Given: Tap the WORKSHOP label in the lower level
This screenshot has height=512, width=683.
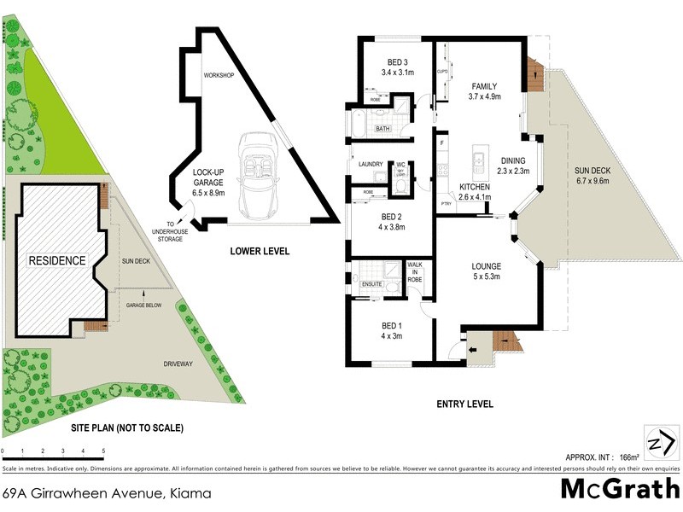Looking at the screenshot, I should [x=218, y=75].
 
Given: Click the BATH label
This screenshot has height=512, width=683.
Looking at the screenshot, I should [x=383, y=130].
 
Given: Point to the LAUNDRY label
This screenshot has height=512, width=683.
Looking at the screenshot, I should [x=370, y=164].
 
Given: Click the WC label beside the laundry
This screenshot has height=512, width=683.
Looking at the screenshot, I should [x=400, y=164].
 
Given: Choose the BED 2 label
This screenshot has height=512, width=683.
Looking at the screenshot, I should [x=391, y=221].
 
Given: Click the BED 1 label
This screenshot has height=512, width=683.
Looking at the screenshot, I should [x=391, y=330].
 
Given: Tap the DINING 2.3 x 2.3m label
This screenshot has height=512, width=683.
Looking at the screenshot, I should [x=514, y=166].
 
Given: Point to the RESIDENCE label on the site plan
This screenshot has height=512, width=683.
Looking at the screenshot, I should [x=57, y=260].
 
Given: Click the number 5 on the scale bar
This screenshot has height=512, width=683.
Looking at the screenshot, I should [x=103, y=451].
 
